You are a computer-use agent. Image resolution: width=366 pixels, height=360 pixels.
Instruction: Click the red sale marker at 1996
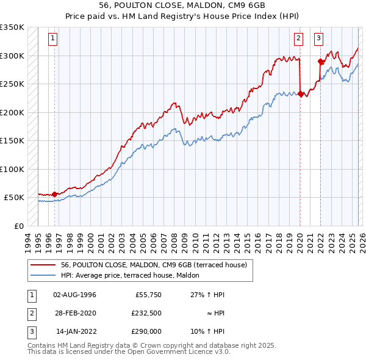point(54,194)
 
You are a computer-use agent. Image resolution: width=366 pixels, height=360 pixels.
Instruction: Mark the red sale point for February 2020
point(300,94)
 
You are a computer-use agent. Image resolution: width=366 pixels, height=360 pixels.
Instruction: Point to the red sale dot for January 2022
point(320,61)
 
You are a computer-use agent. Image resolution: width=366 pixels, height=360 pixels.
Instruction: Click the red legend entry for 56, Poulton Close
point(153,265)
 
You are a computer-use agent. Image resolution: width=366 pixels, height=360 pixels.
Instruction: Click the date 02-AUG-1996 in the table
point(74,295)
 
